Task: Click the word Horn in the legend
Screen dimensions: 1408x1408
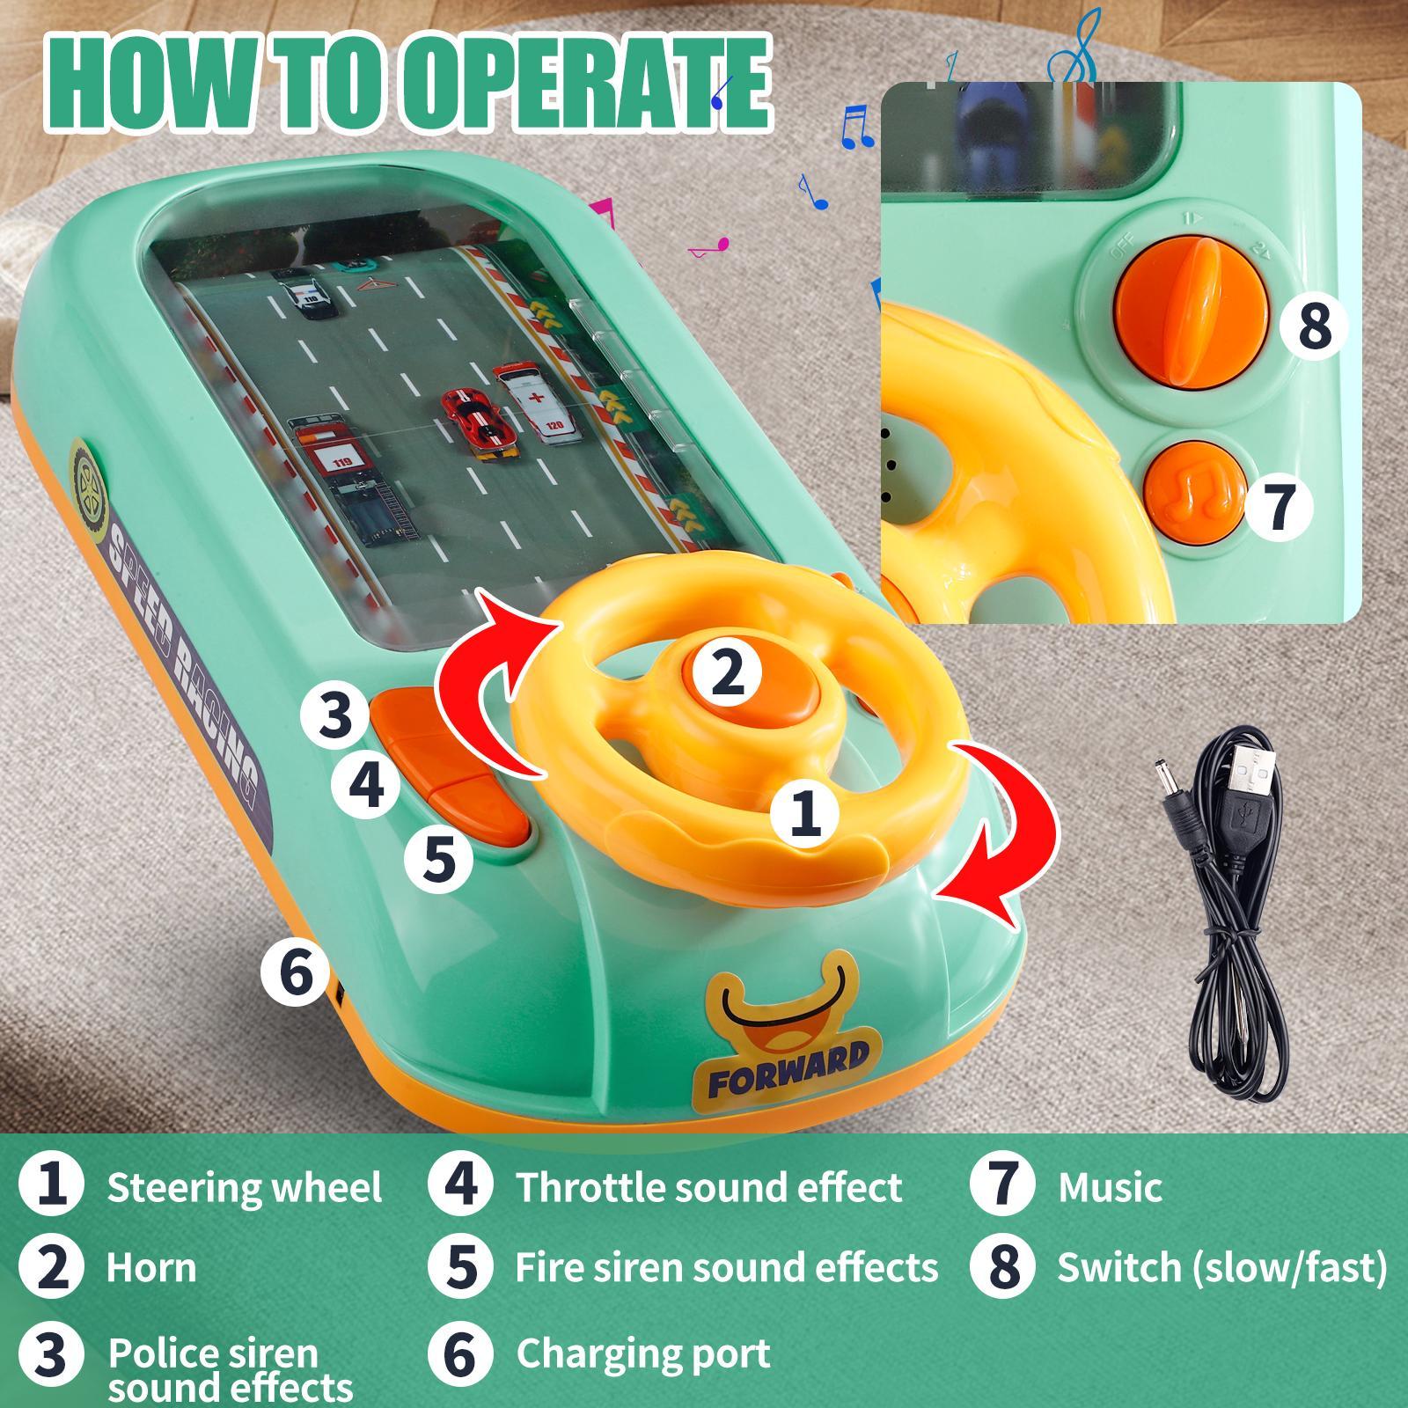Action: tap(151, 1268)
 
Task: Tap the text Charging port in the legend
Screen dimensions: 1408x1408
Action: tap(642, 1353)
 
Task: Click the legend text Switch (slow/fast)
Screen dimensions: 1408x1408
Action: tap(1221, 1267)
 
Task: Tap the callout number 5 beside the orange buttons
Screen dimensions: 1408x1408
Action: tap(439, 858)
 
